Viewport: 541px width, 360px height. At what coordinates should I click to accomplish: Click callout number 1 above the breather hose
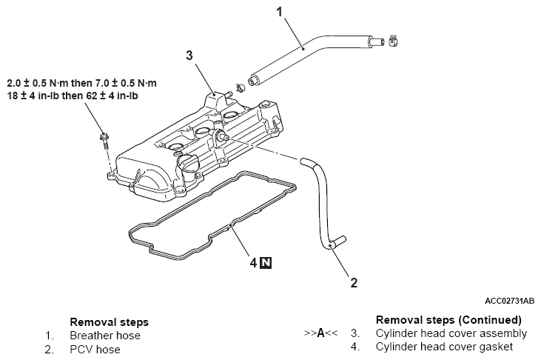pos(280,12)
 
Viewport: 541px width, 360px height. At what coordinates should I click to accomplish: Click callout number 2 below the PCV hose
pos(354,283)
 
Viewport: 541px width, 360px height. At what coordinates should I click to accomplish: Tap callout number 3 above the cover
pos(189,55)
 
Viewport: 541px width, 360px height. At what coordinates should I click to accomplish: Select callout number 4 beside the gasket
pos(254,263)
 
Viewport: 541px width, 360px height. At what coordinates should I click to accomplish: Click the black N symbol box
pos(266,263)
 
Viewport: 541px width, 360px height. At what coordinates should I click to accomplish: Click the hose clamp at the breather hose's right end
pos(393,41)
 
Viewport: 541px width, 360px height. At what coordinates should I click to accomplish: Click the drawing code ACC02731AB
pos(509,301)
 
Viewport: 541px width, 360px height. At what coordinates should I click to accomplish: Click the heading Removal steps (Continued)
pos(448,320)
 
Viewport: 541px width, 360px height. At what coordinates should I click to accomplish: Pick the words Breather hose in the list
pos(105,336)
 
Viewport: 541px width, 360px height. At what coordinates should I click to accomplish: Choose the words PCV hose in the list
pos(95,350)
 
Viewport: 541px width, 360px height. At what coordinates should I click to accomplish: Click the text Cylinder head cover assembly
pos(451,333)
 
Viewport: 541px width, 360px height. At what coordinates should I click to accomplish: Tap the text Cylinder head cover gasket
pos(444,347)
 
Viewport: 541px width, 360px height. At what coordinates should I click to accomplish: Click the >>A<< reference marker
pos(320,333)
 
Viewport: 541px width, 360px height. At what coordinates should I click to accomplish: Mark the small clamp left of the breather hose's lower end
pos(240,87)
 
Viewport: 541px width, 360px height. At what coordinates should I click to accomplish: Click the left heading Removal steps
pos(109,322)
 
